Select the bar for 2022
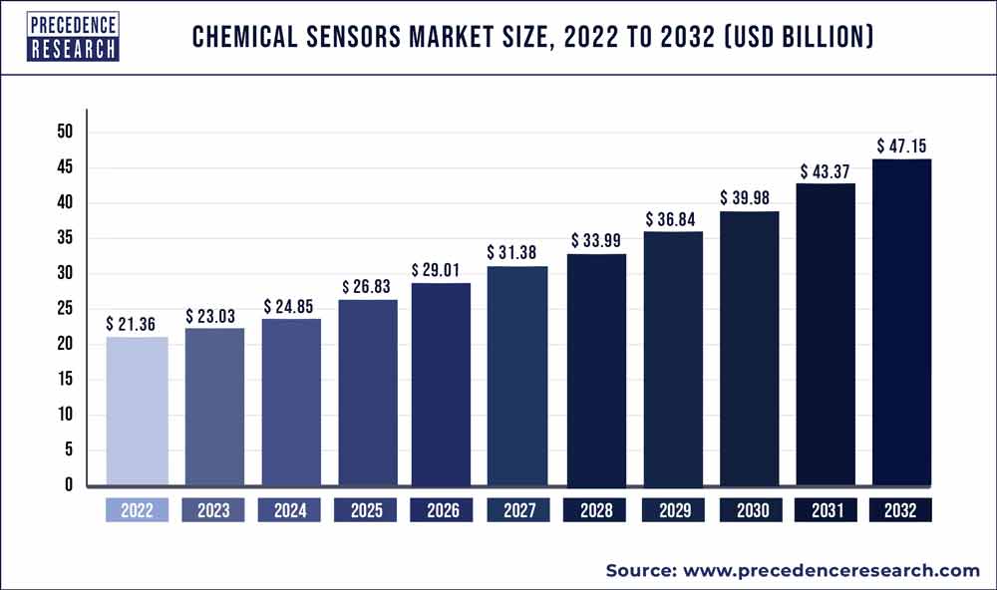[137, 411]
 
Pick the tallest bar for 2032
[901, 322]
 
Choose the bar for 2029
[674, 358]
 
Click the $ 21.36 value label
[137, 324]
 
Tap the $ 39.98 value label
[750, 198]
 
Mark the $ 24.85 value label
[292, 306]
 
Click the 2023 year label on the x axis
[213, 510]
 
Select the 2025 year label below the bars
[366, 510]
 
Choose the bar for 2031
[825, 334]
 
